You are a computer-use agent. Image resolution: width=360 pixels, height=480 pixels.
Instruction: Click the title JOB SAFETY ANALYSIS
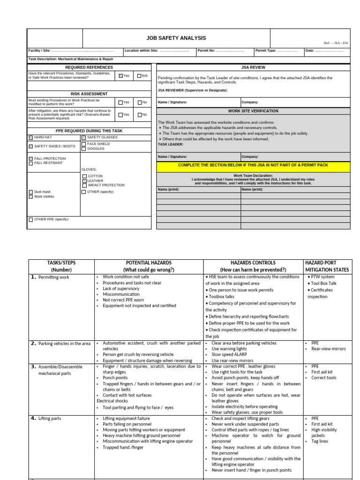click(x=176, y=38)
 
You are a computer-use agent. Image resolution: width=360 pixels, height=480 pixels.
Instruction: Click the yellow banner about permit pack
click(x=253, y=165)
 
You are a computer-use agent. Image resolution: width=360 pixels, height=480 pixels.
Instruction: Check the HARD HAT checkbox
click(x=31, y=137)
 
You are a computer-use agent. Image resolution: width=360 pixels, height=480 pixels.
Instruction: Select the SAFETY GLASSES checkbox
click(x=83, y=137)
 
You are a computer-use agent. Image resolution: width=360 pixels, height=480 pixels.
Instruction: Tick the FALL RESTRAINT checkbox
click(x=31, y=163)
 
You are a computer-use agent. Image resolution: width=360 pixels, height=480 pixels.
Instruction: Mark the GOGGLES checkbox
click(x=83, y=149)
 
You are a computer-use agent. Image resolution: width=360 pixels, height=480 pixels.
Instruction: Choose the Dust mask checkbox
click(x=31, y=192)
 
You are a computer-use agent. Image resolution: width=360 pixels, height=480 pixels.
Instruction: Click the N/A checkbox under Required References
click(x=139, y=75)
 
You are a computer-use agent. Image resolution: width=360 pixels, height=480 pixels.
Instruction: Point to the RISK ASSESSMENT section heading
click(x=89, y=94)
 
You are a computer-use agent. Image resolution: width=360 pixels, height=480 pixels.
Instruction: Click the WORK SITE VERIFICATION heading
click(x=253, y=111)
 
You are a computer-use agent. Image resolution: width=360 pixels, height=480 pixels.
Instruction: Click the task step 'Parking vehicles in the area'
click(x=64, y=344)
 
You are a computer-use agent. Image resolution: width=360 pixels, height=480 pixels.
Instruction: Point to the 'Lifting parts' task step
click(x=49, y=419)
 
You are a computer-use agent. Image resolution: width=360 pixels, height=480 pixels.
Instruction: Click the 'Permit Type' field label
click(x=266, y=50)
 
